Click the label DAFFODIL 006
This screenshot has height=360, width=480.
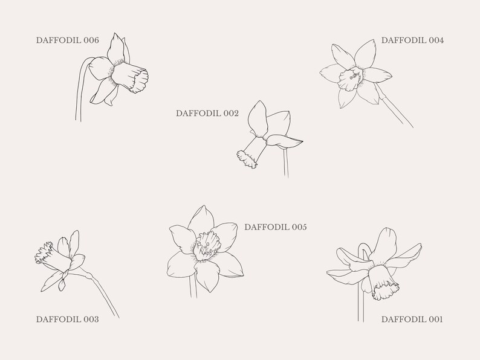click(x=67, y=40)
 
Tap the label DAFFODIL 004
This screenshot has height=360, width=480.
click(x=412, y=40)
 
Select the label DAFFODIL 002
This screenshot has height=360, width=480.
click(x=207, y=113)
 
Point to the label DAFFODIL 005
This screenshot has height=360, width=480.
click(x=276, y=227)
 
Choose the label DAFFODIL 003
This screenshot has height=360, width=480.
click(x=67, y=319)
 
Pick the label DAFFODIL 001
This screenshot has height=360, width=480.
click(x=412, y=319)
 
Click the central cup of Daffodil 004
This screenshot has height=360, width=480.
click(x=349, y=77)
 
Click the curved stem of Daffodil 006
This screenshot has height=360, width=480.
click(x=80, y=91)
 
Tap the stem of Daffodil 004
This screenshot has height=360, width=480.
click(x=395, y=109)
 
